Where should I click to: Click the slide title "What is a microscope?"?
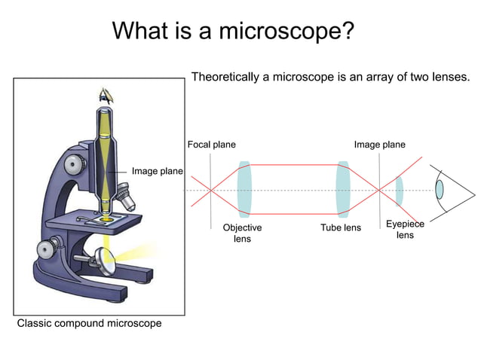point(233,31)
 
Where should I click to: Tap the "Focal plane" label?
point(211,145)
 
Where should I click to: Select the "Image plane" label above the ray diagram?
point(379,145)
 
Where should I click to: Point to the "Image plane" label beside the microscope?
point(157,172)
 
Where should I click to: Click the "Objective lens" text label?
point(242,233)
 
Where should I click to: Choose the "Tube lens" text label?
point(341,227)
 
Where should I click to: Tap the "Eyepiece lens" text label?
point(405,230)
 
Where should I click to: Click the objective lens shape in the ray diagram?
point(244,189)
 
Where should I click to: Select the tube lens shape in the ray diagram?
point(343,189)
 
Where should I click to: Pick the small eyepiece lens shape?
point(400,191)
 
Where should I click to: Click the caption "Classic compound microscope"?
point(89,324)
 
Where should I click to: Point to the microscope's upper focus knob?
point(75,163)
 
